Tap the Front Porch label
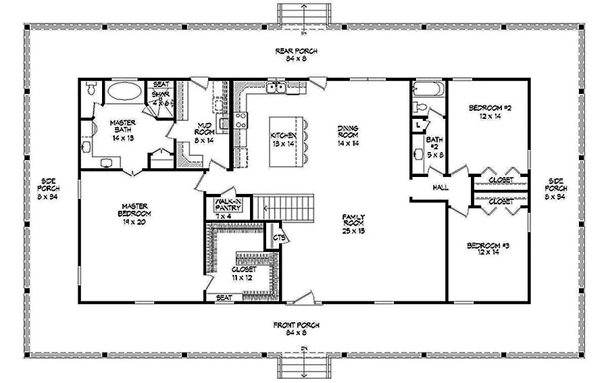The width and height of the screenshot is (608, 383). [x=296, y=329]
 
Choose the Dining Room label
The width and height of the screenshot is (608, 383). [x=349, y=135]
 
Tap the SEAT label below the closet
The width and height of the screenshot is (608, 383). [x=224, y=297]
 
